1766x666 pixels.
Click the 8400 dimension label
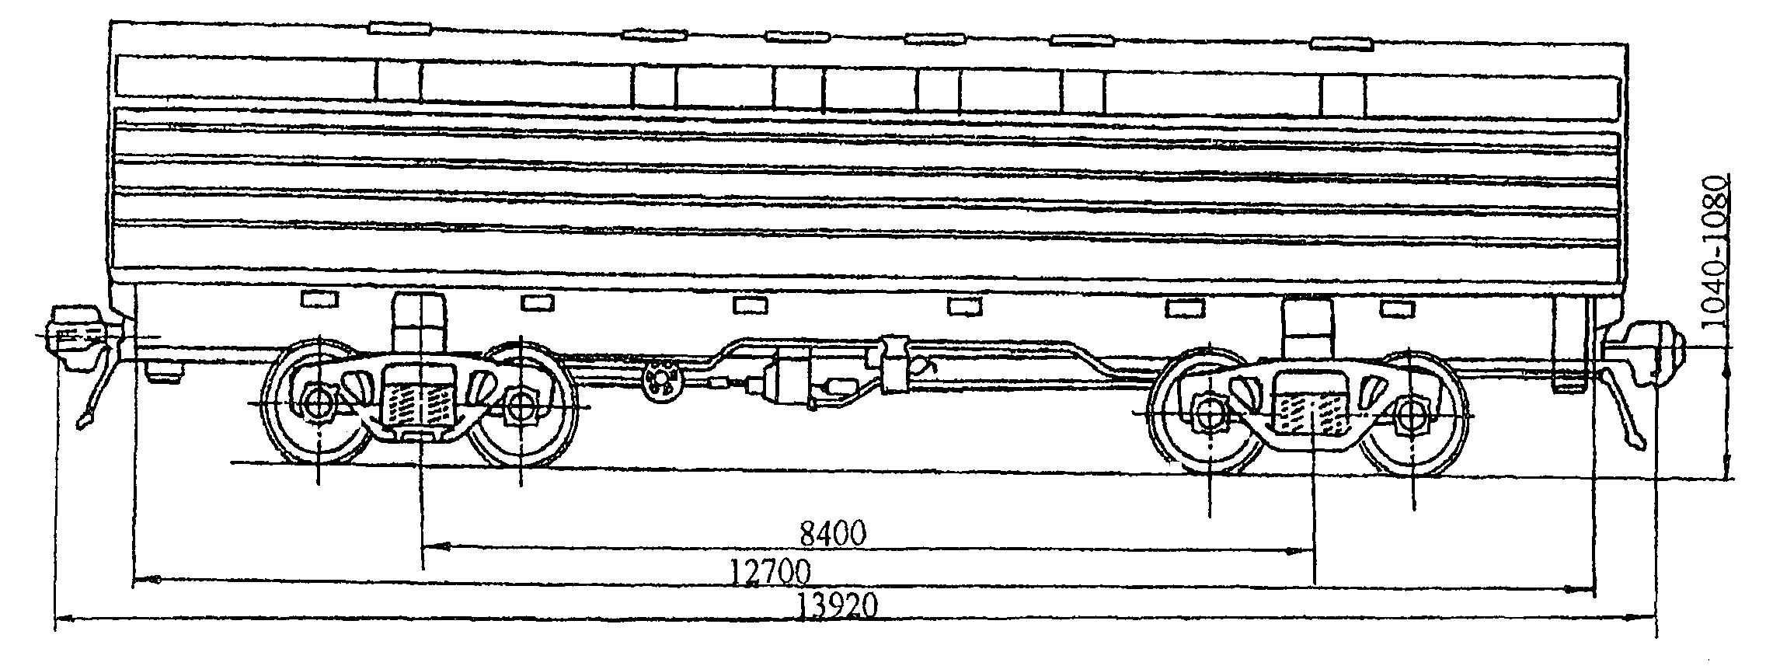832,534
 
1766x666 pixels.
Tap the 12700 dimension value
771,572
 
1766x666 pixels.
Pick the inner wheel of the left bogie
521,404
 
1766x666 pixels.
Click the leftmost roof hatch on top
399,29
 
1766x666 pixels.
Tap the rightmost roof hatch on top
1343,42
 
